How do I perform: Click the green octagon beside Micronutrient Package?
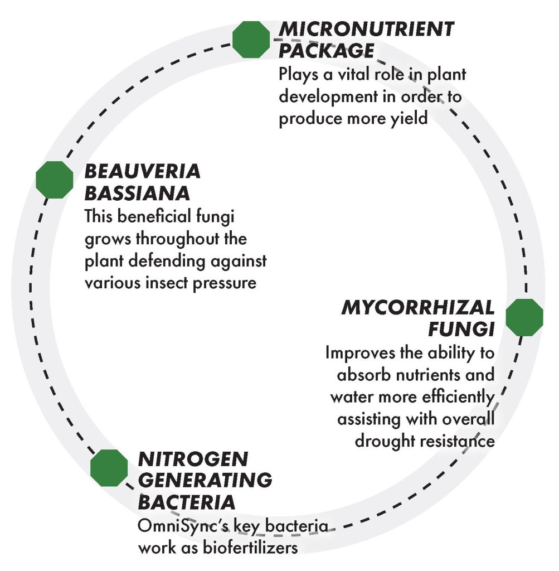(x=251, y=40)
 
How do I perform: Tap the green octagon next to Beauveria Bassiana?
(x=55, y=180)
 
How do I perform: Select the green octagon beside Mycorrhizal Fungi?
(x=524, y=317)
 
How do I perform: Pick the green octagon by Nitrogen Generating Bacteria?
(x=109, y=468)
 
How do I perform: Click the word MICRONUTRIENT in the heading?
(x=366, y=29)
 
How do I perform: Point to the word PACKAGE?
(x=327, y=51)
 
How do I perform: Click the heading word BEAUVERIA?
(x=142, y=172)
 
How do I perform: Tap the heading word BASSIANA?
(x=137, y=193)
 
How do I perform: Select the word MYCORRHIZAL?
(x=418, y=308)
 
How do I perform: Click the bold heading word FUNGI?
(x=461, y=330)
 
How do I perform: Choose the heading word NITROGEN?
(x=193, y=459)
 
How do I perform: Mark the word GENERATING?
(x=205, y=480)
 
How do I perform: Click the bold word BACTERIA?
(x=186, y=502)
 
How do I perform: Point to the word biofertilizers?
(x=250, y=548)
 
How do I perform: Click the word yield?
(x=409, y=119)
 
